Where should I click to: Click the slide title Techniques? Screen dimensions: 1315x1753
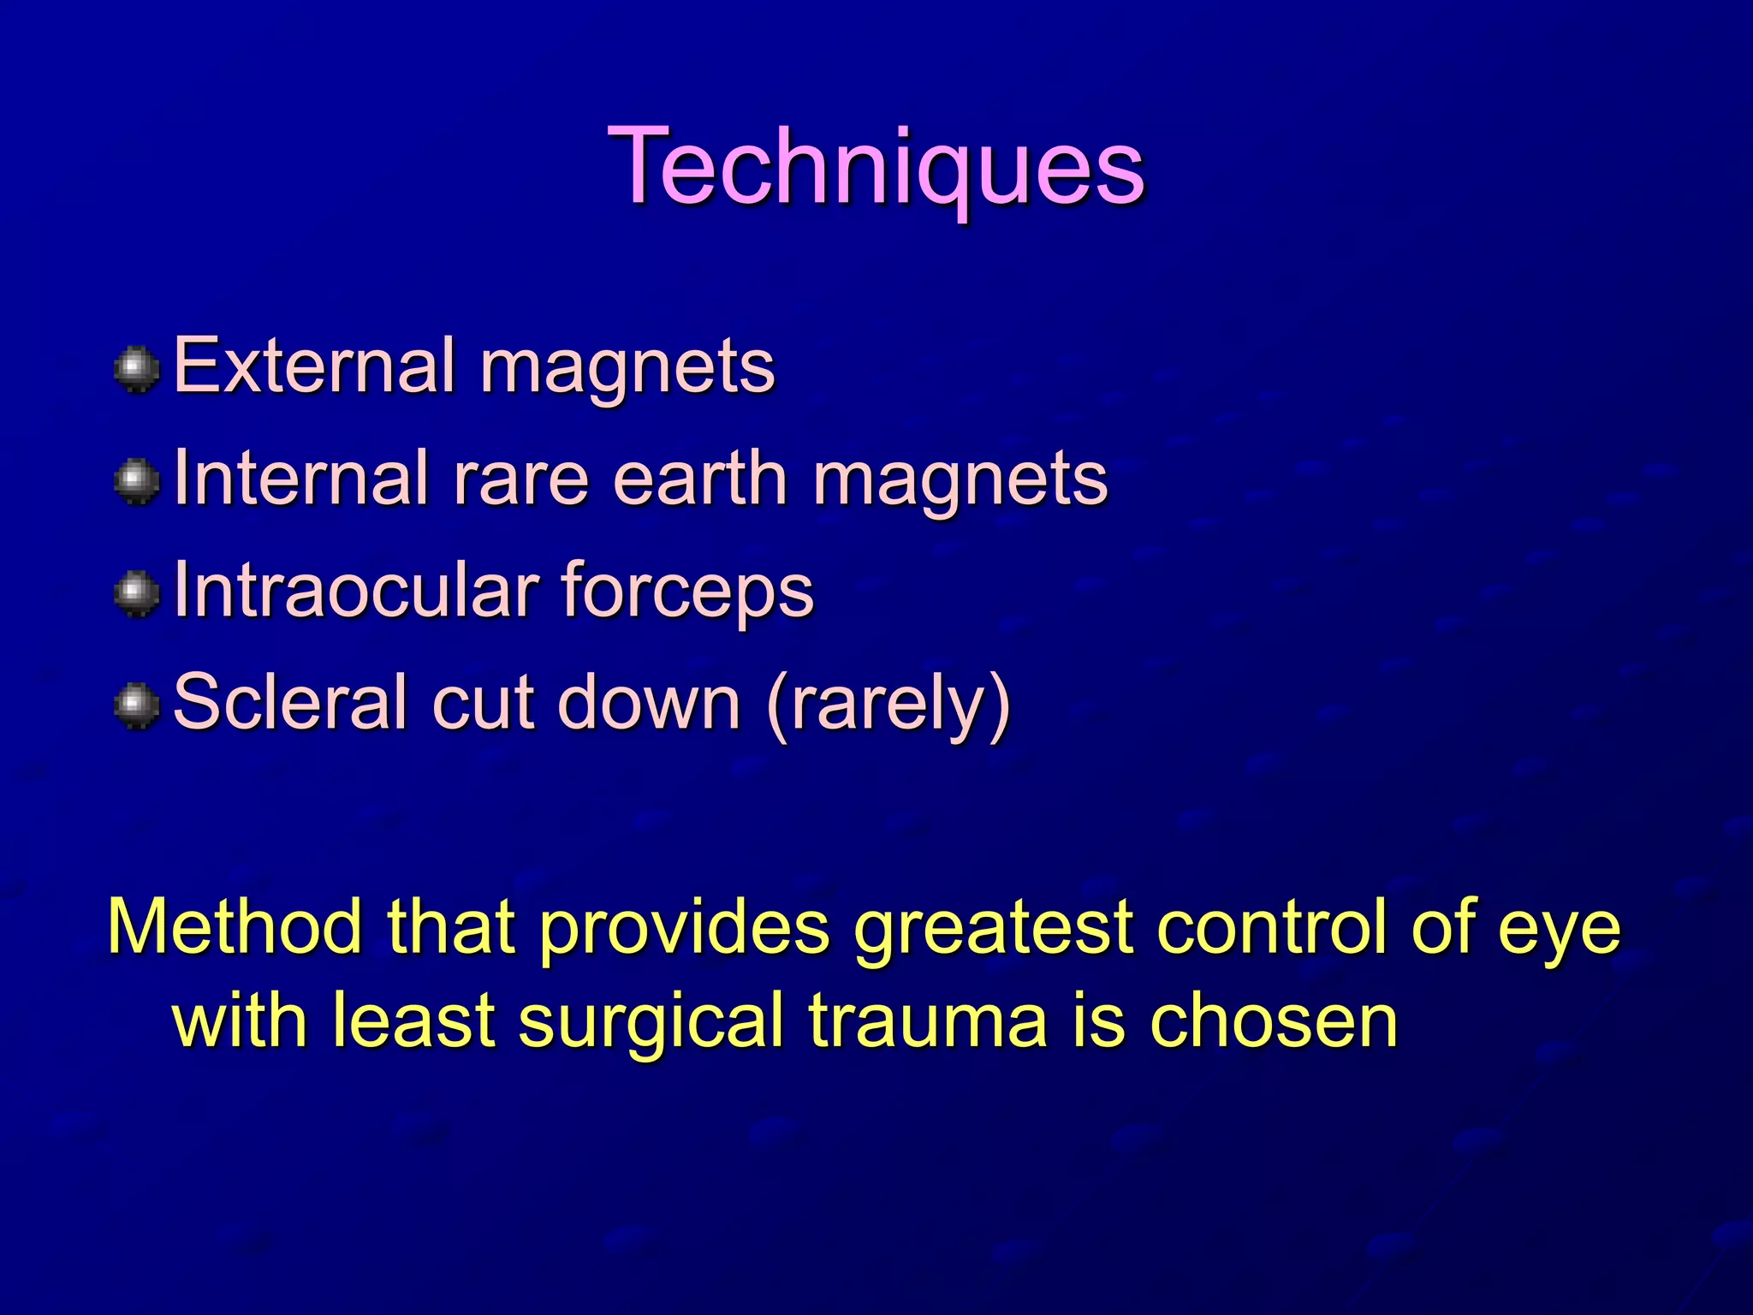[876, 167]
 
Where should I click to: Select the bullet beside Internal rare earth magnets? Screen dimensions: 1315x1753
[137, 481]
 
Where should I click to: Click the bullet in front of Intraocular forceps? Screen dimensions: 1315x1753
[137, 593]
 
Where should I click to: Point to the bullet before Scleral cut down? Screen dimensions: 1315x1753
[137, 705]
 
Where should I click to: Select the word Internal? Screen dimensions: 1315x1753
[300, 479]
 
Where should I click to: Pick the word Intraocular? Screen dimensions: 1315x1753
[355, 591]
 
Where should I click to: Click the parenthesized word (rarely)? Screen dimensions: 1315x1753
[888, 705]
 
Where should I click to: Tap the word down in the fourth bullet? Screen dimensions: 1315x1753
[648, 703]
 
